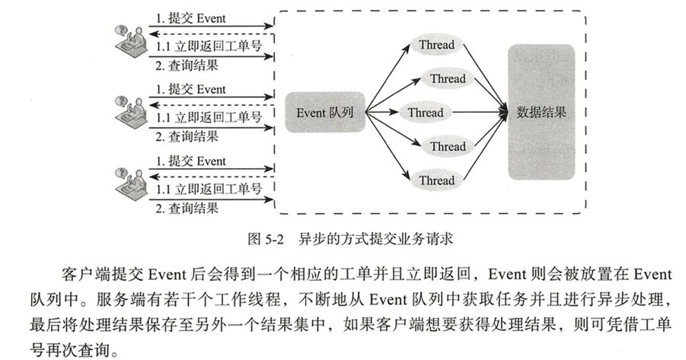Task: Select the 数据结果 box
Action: point(541,113)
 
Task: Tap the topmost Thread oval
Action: point(436,45)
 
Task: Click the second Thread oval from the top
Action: point(448,79)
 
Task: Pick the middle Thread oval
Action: point(425,113)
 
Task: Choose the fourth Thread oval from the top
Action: point(448,146)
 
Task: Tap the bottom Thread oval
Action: point(436,180)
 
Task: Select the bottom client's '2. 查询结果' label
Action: point(187,207)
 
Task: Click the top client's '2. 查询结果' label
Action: point(187,65)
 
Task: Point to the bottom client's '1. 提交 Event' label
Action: point(190,161)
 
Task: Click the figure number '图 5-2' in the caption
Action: point(266,238)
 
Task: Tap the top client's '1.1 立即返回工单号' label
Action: point(209,47)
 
